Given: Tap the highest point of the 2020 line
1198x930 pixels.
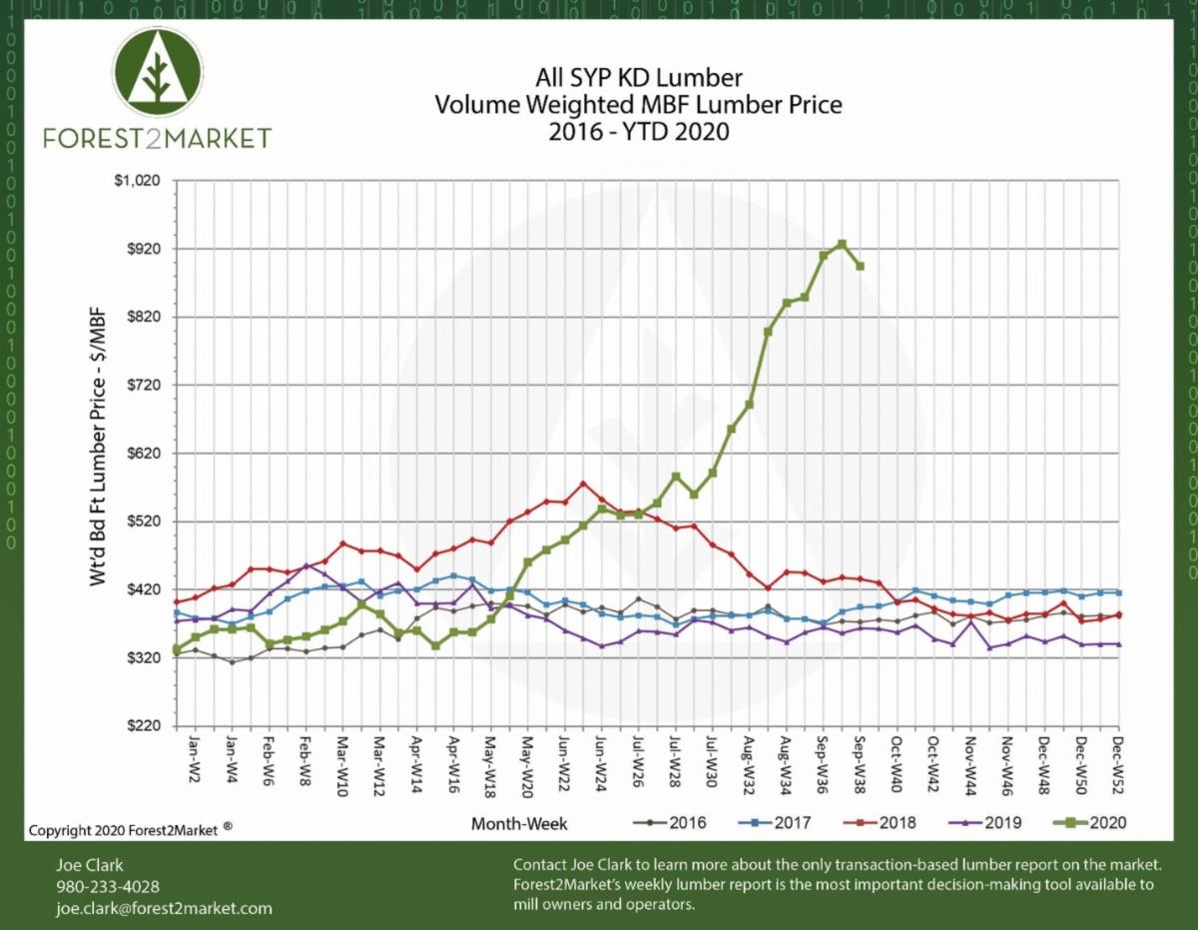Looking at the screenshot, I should tap(842, 244).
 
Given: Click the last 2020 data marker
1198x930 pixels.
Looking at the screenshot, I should tap(860, 266).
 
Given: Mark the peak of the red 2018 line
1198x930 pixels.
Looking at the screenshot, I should tap(583, 483).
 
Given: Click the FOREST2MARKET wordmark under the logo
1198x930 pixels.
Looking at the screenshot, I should tap(158, 137).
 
